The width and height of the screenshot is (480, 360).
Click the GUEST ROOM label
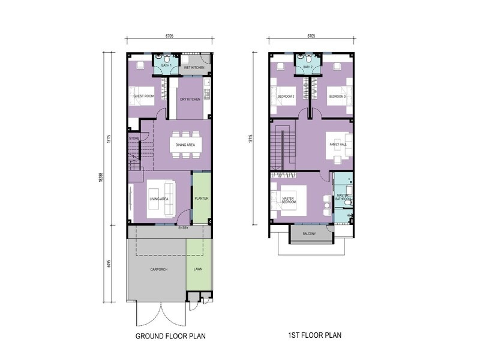tap(143, 96)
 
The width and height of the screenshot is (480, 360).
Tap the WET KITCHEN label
tap(193, 68)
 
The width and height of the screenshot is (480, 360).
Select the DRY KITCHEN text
tap(190, 99)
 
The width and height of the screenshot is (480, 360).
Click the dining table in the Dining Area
tap(185, 144)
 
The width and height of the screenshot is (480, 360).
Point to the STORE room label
tap(133, 139)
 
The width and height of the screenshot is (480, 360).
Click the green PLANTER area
tap(201, 198)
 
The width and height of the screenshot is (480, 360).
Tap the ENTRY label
tap(185, 228)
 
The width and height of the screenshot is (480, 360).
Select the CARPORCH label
tap(158, 269)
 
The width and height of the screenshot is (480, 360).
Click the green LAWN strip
tap(198, 269)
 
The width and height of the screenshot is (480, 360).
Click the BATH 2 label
tap(308, 67)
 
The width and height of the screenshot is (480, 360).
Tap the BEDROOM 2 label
tap(286, 96)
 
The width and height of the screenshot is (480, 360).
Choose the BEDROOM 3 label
tap(337, 96)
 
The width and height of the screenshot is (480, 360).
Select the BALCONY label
tap(309, 233)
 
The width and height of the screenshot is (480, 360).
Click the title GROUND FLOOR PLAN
tap(170, 335)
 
